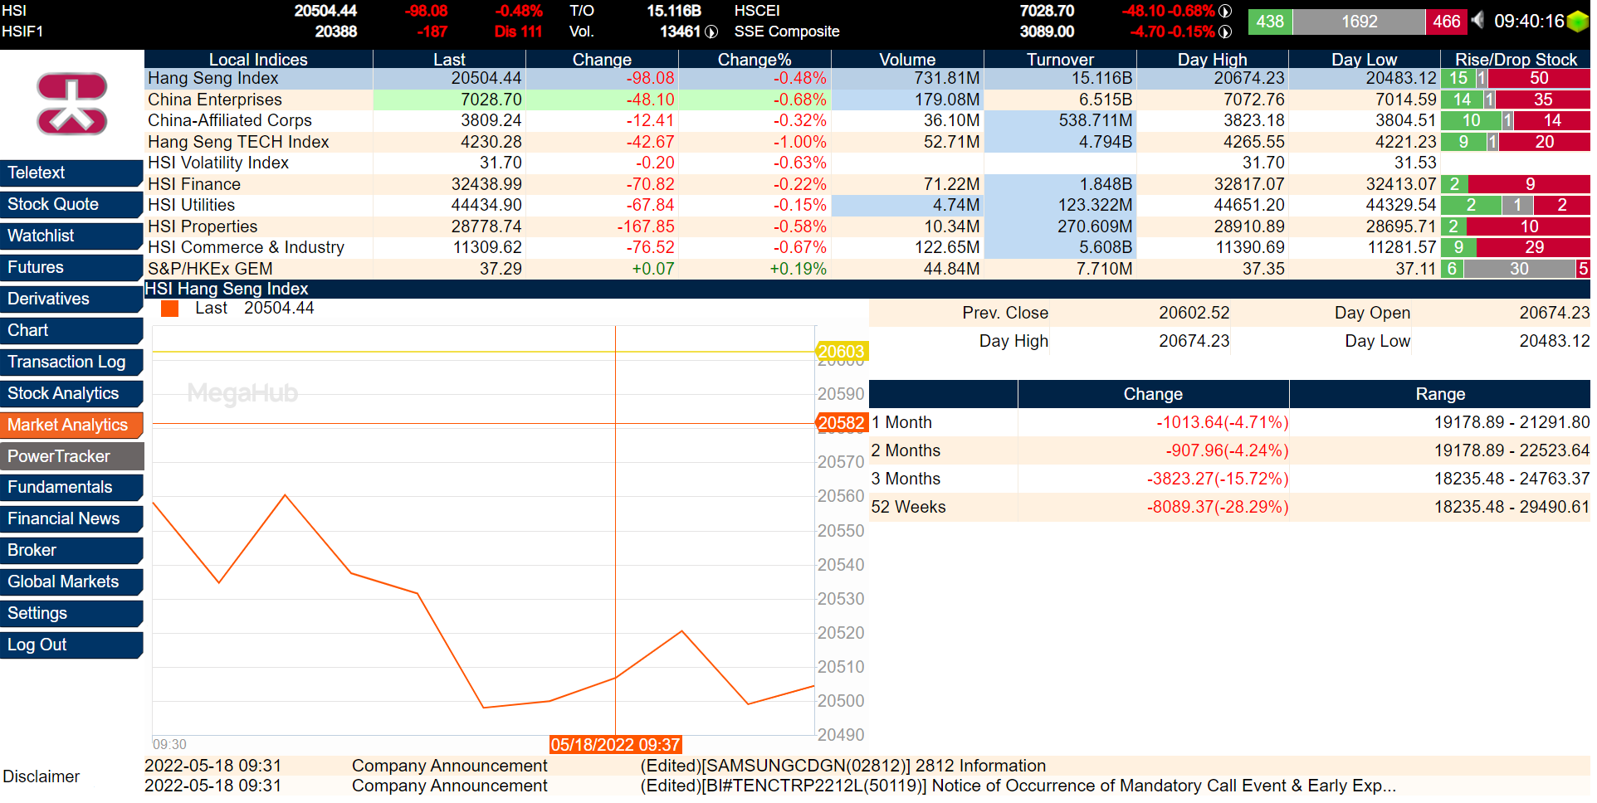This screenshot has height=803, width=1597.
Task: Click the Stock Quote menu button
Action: (71, 204)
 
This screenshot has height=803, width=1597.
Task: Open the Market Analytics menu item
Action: (71, 425)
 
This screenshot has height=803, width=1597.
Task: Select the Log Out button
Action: (71, 645)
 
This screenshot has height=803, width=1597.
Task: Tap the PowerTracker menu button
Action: (71, 456)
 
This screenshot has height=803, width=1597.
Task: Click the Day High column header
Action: (1212, 60)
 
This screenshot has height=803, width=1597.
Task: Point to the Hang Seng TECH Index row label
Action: (238, 142)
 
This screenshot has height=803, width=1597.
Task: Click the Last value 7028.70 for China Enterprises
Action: (491, 100)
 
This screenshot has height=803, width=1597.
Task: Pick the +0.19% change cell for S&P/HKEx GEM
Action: (798, 269)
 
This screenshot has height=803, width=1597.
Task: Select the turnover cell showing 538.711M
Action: (1095, 120)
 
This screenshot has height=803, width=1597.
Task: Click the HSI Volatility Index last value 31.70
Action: (501, 163)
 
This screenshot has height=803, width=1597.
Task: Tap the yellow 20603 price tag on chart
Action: (841, 352)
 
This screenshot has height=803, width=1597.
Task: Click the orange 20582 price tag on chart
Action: (841, 423)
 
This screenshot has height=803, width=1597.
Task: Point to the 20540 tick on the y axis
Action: (841, 565)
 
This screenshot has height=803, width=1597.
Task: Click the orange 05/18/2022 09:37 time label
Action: (615, 745)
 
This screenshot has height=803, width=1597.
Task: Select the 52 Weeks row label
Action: (909, 507)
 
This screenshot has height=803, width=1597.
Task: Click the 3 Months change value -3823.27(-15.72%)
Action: (1217, 479)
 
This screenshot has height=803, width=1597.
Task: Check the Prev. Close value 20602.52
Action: (1194, 313)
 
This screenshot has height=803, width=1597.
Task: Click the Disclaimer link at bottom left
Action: (42, 776)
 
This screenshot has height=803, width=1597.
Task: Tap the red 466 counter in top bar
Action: (1446, 22)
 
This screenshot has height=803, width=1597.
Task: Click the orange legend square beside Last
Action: (170, 309)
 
